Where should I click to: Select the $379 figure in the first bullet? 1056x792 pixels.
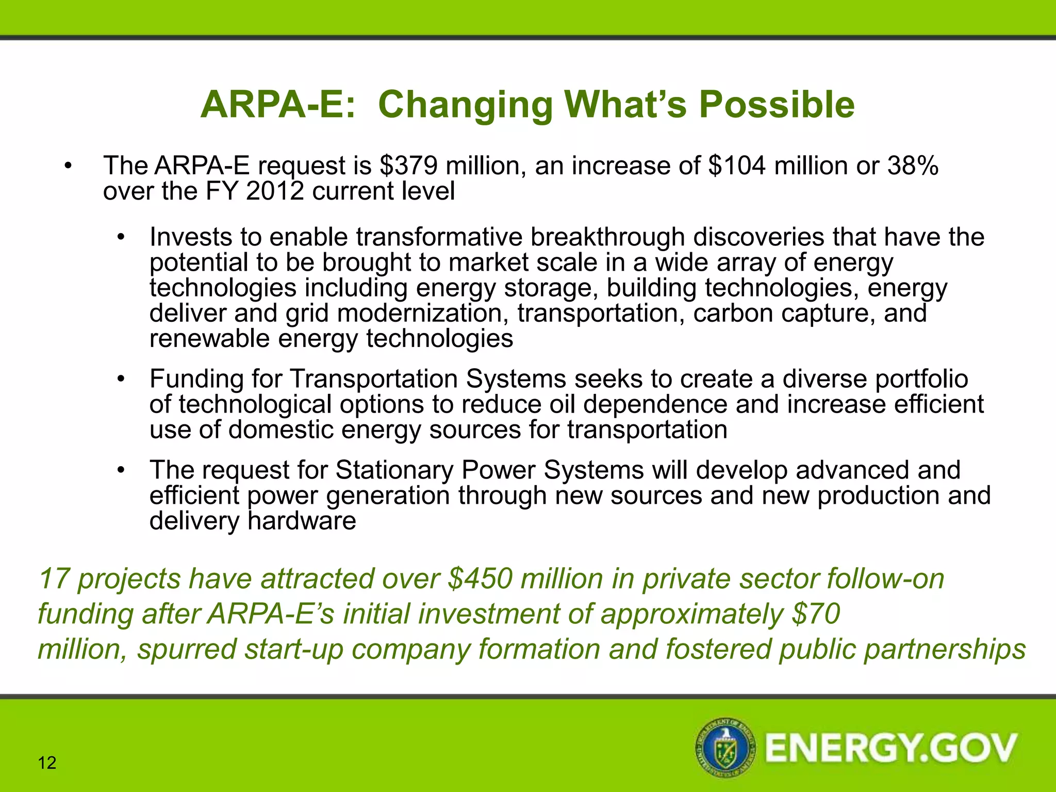pyautogui.click(x=408, y=166)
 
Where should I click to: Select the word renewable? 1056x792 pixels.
pyautogui.click(x=209, y=339)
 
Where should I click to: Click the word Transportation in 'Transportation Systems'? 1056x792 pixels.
pyautogui.click(x=374, y=379)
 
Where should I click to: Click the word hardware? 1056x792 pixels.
pyautogui.click(x=302, y=521)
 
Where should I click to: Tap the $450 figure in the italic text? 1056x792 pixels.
pyautogui.click(x=480, y=579)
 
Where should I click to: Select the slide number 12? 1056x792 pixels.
pyautogui.click(x=47, y=763)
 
